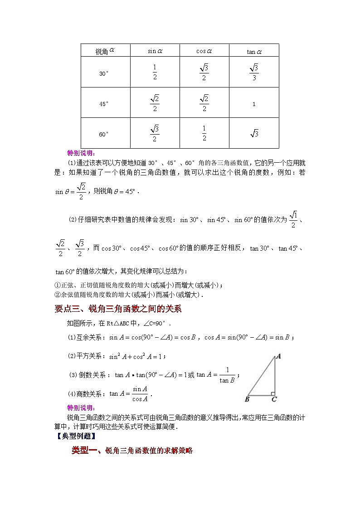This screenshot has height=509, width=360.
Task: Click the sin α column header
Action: point(155,51)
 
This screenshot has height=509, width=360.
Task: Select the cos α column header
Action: point(204,51)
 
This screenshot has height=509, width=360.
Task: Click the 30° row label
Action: point(104,73)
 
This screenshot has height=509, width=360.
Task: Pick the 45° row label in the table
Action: point(104,104)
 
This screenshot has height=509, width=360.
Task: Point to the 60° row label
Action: point(104,134)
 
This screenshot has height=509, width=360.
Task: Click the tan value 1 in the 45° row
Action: point(254,104)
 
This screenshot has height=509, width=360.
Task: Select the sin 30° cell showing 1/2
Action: point(155,72)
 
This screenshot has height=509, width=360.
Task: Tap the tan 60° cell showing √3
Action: point(254,133)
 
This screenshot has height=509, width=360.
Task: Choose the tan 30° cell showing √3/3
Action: point(254,72)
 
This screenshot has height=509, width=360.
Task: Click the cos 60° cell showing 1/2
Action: point(204,133)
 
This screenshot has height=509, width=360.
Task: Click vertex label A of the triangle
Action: point(278,356)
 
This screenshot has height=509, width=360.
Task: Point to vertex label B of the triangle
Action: point(247,399)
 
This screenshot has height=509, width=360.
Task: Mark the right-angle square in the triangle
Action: point(272,393)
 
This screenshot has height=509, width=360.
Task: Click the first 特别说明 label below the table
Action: point(81,153)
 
